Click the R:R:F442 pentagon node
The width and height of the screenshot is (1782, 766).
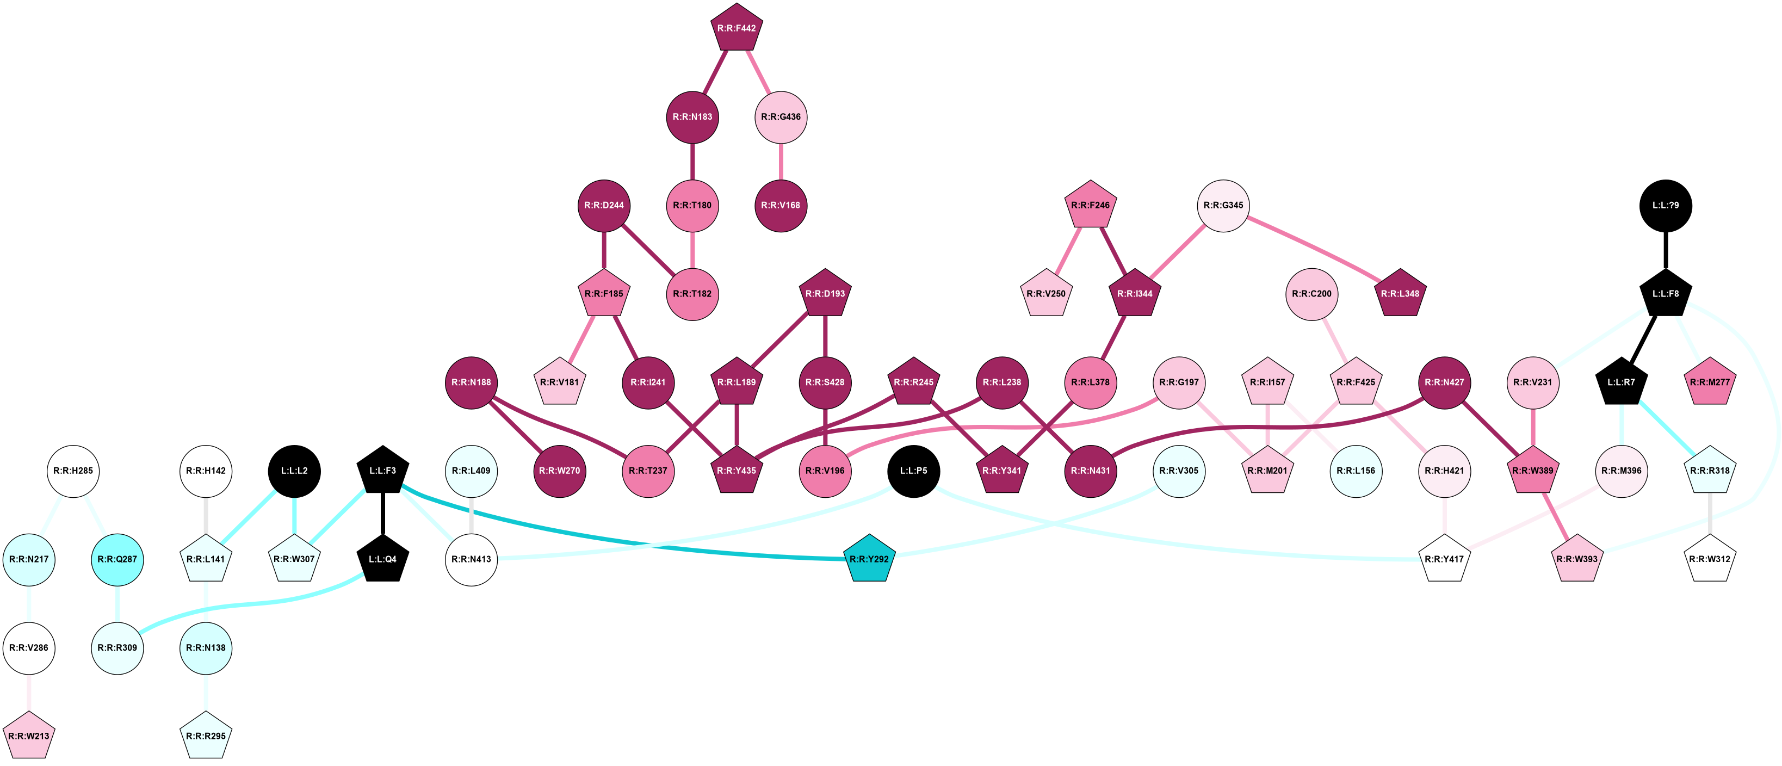point(736,28)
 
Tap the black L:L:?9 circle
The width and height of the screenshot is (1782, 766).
point(1666,206)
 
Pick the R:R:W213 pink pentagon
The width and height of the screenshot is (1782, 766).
point(29,736)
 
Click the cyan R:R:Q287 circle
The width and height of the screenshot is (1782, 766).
point(117,559)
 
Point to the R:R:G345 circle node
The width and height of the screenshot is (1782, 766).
point(1223,206)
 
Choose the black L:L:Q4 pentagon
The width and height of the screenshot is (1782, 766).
point(382,559)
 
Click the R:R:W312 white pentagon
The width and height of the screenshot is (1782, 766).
point(1710,559)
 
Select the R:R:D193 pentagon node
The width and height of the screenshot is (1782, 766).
point(825,293)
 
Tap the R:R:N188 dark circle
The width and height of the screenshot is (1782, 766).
point(471,382)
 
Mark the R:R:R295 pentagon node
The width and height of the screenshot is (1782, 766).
point(206,736)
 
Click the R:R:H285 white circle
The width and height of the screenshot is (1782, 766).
point(73,471)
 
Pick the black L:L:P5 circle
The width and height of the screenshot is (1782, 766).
point(913,471)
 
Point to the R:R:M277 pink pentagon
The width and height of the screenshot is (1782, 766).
point(1710,382)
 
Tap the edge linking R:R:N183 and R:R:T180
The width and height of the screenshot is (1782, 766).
point(692,161)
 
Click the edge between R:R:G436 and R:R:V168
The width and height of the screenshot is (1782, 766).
point(781,161)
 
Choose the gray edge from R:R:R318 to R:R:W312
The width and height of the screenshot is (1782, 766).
point(1710,515)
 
